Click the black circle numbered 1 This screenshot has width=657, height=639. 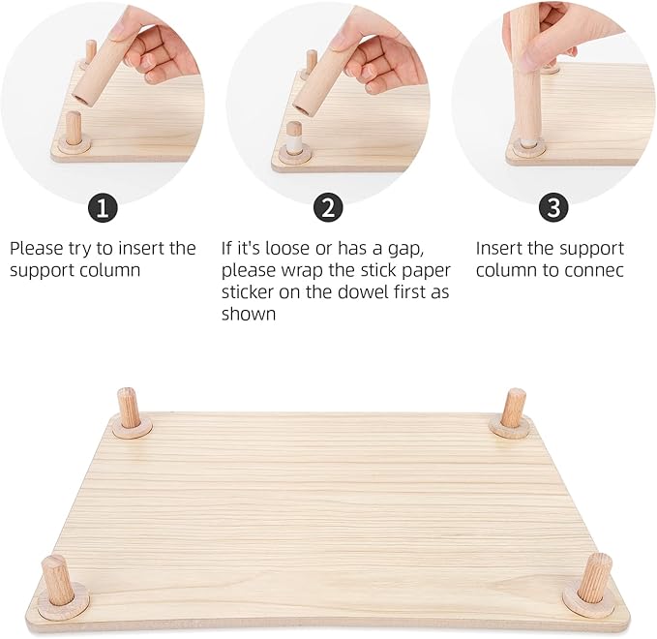tap(103, 208)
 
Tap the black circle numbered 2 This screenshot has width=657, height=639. tap(330, 208)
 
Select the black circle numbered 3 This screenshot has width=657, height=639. tap(552, 208)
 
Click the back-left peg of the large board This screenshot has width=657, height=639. tap(129, 408)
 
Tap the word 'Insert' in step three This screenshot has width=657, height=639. tap(499, 249)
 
